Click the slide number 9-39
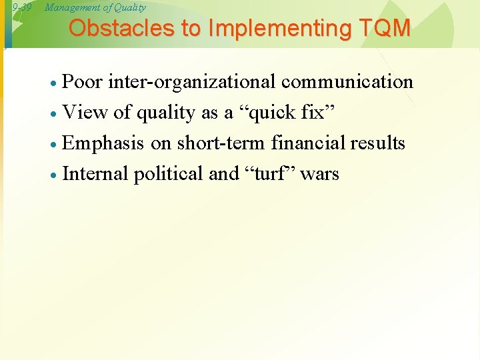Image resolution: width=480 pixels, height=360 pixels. click(22, 7)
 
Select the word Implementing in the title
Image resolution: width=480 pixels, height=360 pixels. click(267, 29)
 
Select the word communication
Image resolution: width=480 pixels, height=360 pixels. click(347, 82)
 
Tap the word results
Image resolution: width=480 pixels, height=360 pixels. click(377, 143)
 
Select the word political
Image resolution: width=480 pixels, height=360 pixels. click(168, 174)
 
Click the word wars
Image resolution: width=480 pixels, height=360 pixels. click(319, 174)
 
